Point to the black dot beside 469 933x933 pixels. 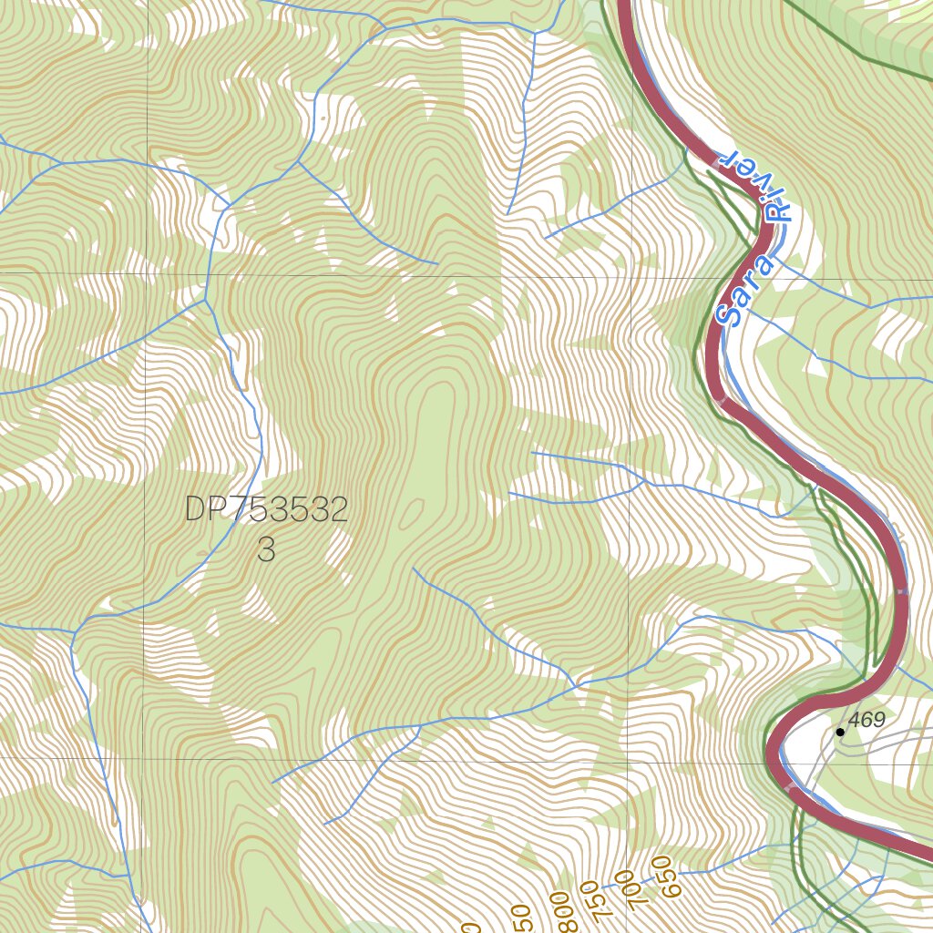coord(840,732)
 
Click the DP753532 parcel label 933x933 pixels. coord(266,510)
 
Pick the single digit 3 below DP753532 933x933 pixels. coord(266,550)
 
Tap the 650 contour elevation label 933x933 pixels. coord(665,877)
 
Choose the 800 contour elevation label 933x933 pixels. coord(559,911)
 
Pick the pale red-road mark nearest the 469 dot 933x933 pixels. coord(789,784)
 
